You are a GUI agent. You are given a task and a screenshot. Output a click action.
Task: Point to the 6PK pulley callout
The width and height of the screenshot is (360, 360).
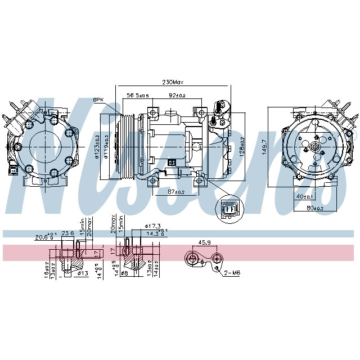pos(98,100)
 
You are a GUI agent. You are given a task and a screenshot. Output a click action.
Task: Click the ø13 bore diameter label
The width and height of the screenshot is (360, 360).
pos(83,273)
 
